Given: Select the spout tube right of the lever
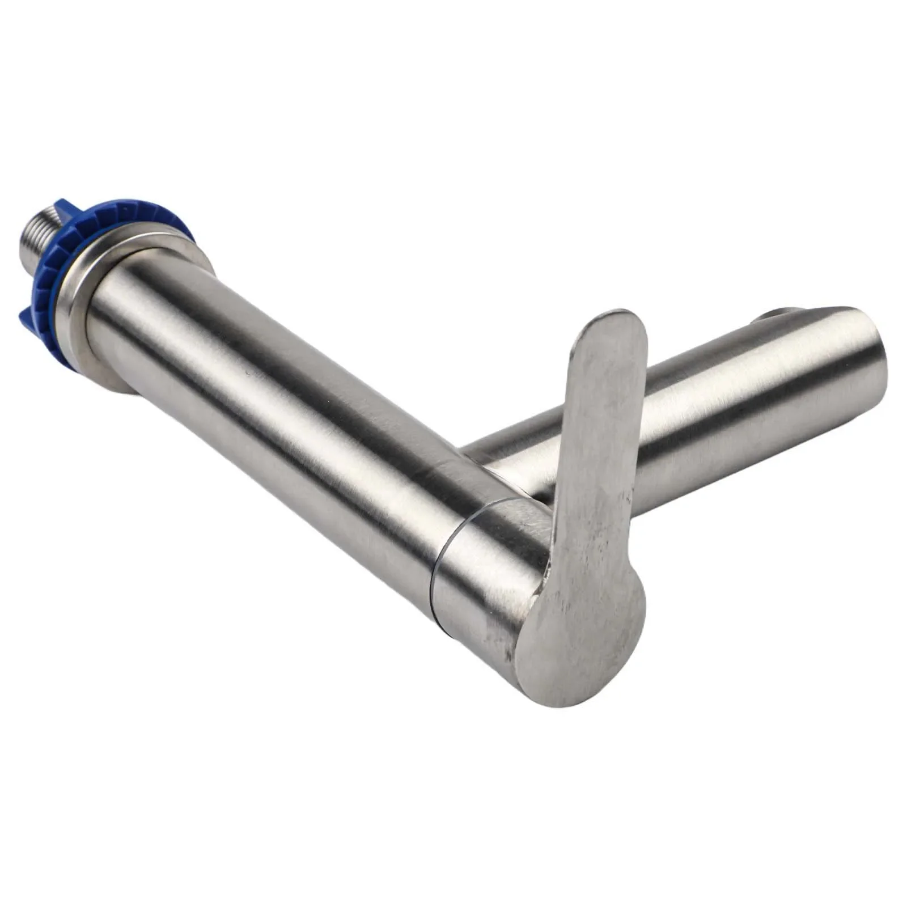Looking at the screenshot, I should (737, 408).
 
